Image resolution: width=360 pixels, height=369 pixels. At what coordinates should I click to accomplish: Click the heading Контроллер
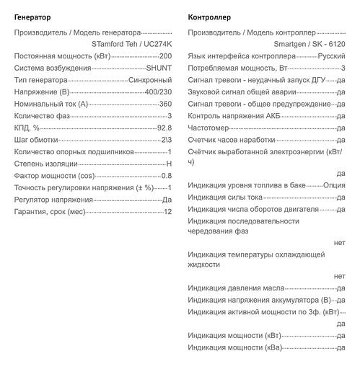(x=209, y=16)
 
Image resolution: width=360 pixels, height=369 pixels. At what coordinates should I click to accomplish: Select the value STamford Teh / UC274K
(x=132, y=44)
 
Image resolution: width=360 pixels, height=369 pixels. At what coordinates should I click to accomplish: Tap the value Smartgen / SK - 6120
(x=306, y=44)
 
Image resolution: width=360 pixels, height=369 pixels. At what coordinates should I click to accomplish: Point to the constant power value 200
(x=165, y=55)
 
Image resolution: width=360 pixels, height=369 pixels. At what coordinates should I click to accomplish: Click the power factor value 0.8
(x=166, y=176)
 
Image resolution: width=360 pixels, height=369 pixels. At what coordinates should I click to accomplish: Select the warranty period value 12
(x=167, y=212)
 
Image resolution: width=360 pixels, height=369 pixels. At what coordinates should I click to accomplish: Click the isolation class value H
(x=169, y=164)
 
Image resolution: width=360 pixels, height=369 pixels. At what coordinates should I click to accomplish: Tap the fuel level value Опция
(x=335, y=185)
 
